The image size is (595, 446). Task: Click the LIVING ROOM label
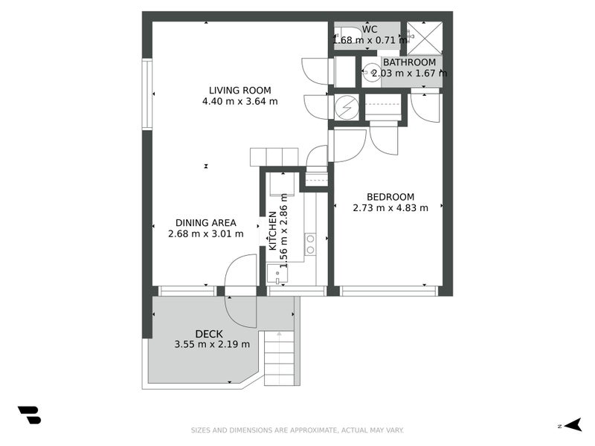tap(239, 91)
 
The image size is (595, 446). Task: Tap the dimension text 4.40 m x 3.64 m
tap(239, 102)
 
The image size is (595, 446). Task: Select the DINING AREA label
tap(206, 222)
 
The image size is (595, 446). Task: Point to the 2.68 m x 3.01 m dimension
tap(206, 233)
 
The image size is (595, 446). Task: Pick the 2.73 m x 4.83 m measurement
tap(390, 208)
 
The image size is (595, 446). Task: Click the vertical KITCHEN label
tap(273, 230)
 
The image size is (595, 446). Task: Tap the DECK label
tap(209, 334)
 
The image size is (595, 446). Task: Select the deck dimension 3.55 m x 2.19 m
tap(212, 344)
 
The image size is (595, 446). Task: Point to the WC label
tap(370, 30)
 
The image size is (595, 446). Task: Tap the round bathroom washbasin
tap(372, 71)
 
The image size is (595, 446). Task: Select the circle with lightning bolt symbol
tap(346, 108)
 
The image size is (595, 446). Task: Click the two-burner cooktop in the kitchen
tap(310, 244)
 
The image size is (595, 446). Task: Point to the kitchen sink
tap(277, 274)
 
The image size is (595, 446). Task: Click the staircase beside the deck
tap(280, 358)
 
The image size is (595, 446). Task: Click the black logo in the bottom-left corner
tap(29, 415)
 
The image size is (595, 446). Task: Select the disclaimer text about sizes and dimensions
tap(297, 430)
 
